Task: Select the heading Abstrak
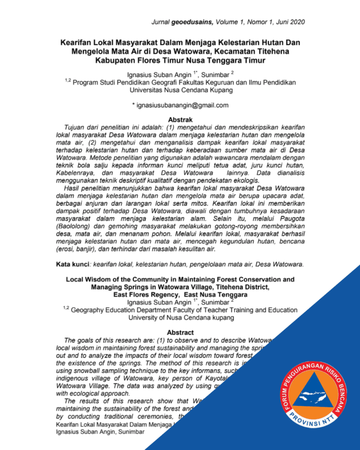180,120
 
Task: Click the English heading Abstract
180,332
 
